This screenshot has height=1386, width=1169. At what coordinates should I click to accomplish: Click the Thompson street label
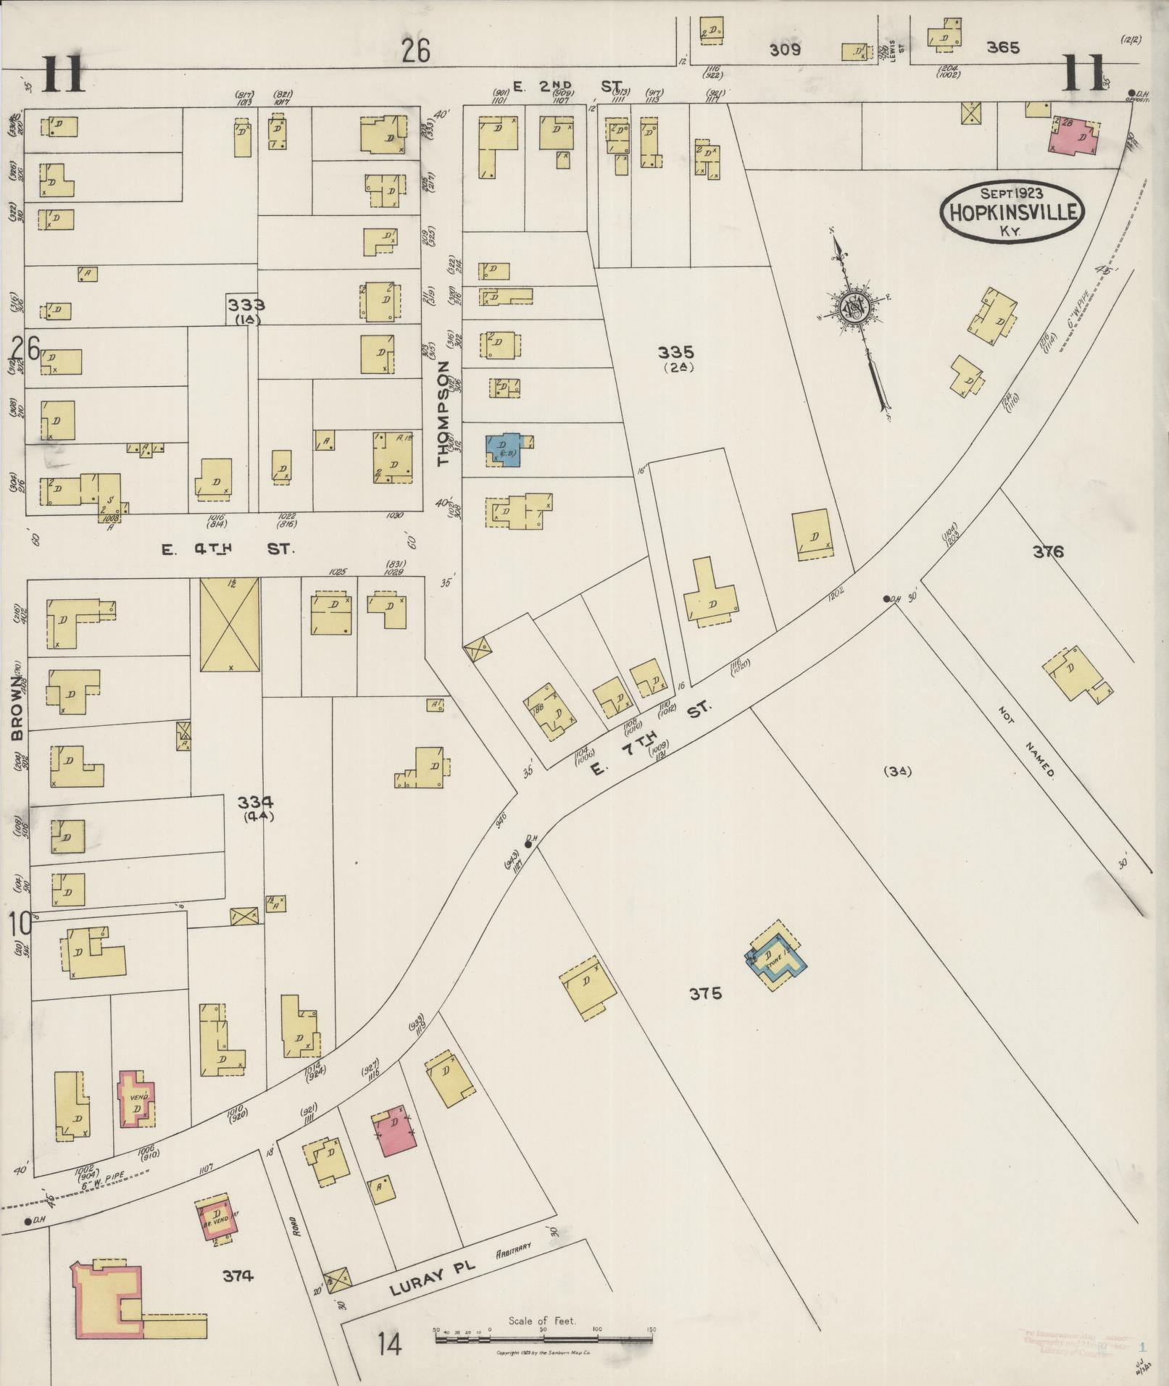point(444,413)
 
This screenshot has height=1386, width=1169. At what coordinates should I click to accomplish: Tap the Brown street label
point(17,709)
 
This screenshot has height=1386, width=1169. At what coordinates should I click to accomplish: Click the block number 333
point(246,304)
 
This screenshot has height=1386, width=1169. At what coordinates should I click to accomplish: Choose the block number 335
point(675,353)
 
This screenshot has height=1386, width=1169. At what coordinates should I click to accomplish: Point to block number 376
point(1048,552)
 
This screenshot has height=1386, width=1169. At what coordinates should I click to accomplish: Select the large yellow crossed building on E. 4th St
point(229,624)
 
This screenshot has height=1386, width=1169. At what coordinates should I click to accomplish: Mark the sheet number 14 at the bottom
point(388,1345)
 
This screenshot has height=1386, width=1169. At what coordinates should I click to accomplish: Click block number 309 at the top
point(785,50)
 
